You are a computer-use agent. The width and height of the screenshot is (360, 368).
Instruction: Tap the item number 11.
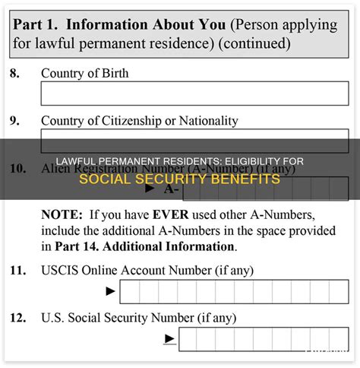click(17, 270)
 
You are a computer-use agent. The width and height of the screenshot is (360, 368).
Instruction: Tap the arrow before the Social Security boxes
click(170, 339)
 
